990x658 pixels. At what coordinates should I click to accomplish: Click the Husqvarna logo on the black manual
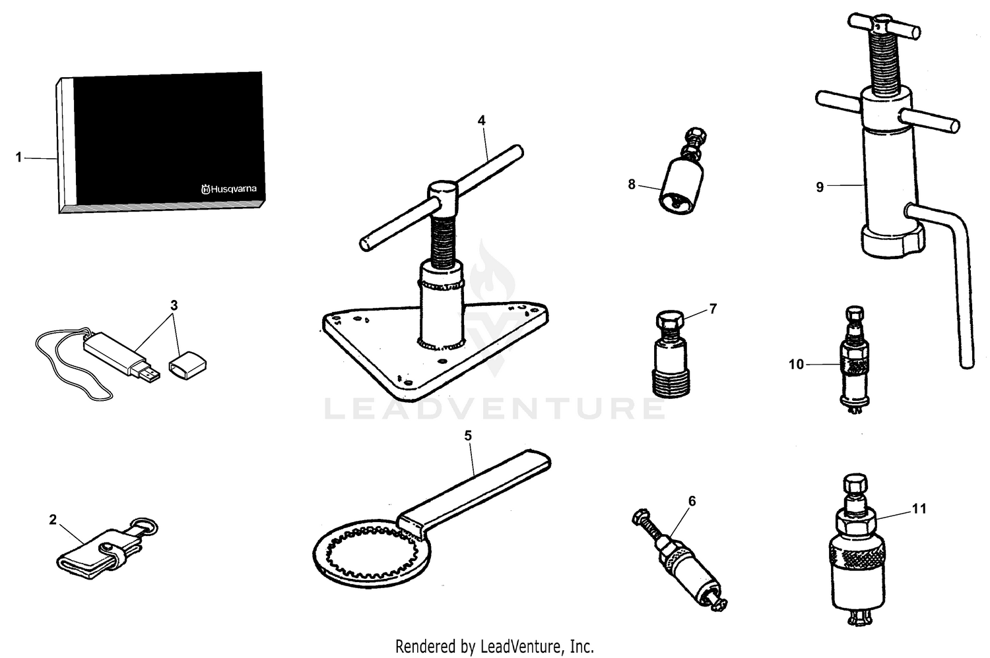(228, 189)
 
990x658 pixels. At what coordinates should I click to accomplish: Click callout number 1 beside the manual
(19, 158)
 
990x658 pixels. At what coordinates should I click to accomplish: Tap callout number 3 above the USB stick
(174, 305)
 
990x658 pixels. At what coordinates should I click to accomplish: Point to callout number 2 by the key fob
(53, 520)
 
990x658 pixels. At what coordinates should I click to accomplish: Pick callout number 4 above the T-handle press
(482, 121)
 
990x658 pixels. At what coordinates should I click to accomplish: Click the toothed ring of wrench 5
(356, 547)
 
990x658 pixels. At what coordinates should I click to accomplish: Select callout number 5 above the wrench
(468, 436)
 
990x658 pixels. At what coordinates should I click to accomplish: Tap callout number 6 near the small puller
(692, 501)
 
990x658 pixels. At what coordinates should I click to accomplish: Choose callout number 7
(713, 309)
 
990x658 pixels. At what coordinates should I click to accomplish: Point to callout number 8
(632, 185)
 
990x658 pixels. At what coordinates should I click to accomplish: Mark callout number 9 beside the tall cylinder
(820, 187)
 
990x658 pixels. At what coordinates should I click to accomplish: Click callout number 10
(797, 364)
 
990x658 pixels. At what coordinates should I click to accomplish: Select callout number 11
(919, 508)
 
